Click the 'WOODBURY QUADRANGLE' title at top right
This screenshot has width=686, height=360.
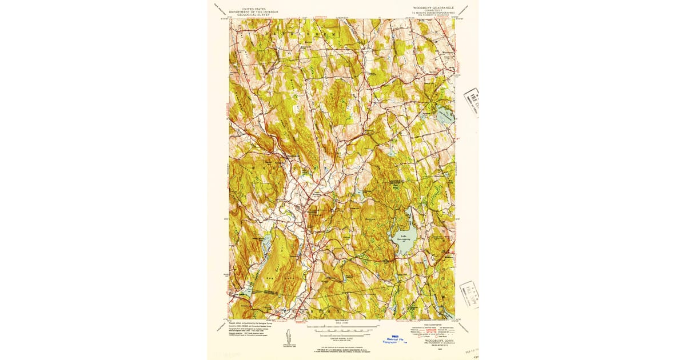[433, 8]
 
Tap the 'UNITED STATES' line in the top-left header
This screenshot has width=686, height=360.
[253, 9]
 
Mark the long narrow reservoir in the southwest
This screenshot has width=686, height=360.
[266, 246]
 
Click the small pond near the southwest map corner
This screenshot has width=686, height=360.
[245, 291]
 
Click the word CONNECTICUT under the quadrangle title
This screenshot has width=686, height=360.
[433, 11]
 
